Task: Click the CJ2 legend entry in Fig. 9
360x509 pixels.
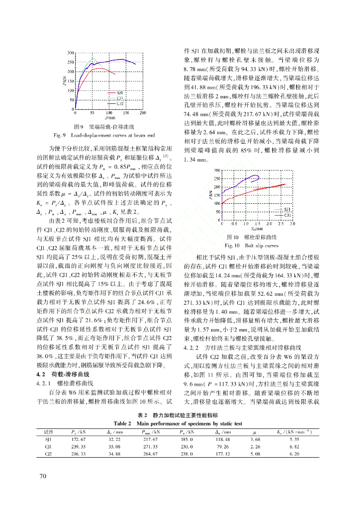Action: pos(120,103)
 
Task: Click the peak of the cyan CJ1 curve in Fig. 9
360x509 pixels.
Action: pos(93,58)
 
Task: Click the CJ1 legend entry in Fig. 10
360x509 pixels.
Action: pos(287,215)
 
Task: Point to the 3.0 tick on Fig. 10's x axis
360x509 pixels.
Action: pos(292,224)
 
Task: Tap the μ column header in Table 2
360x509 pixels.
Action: pos(257,431)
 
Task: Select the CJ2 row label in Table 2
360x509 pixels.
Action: pos(48,453)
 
